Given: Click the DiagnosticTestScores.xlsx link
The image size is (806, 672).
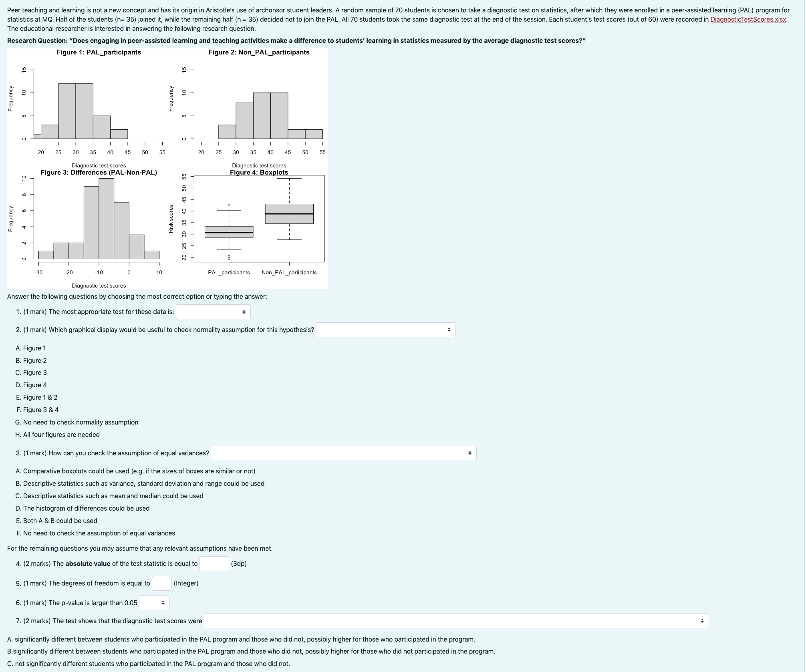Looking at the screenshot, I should click(x=748, y=19).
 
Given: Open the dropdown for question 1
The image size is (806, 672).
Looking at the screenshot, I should click(x=213, y=312).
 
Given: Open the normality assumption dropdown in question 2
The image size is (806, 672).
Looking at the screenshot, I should click(x=385, y=330).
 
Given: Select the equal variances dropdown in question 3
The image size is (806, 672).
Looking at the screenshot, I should click(x=343, y=453).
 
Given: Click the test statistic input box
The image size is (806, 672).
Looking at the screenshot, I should click(x=214, y=563).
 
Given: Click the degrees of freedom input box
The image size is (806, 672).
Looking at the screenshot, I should click(x=162, y=583).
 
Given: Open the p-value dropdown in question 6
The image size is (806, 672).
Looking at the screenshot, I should click(x=154, y=603).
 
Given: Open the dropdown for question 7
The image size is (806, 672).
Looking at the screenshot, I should click(x=456, y=621).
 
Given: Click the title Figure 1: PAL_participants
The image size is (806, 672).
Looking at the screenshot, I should click(x=99, y=52).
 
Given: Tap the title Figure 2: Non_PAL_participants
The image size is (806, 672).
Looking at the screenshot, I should click(x=259, y=52).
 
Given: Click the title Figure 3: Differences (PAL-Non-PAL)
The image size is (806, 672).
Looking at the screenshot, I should click(x=99, y=172).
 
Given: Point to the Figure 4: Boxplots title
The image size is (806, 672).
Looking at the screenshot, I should click(x=259, y=172).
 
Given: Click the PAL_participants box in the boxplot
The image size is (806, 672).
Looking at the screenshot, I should click(x=229, y=231).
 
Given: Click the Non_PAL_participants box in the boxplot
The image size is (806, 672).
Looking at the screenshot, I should click(x=289, y=213).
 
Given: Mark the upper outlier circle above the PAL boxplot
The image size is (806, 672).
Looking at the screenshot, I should click(x=229, y=205).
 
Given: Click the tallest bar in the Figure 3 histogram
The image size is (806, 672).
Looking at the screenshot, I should click(x=106, y=218).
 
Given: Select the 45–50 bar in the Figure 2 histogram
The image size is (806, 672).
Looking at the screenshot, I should click(x=296, y=134).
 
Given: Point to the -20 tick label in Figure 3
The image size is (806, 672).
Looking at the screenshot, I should click(x=69, y=272).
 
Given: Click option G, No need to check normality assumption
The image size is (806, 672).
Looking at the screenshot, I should click(x=77, y=422).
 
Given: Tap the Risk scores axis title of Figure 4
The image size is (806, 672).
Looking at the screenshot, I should click(x=171, y=219).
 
